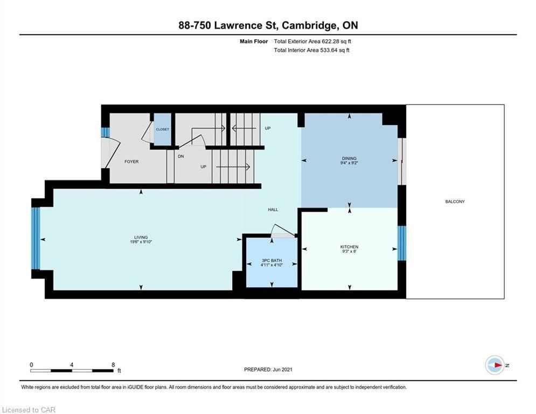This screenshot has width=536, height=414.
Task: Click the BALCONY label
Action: [455, 202]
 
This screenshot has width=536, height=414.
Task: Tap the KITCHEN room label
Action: [349, 247]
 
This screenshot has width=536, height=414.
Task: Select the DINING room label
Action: [349, 158]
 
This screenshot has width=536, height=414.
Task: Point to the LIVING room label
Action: [141, 237]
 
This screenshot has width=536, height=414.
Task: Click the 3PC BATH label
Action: [272, 260]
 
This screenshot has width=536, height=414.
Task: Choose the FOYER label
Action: [131, 162]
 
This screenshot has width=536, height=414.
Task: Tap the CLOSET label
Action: [162, 129]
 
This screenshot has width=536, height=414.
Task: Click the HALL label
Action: [273, 209]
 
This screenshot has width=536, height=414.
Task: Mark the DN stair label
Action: [181, 156]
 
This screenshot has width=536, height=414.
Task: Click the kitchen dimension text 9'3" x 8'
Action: [349, 251]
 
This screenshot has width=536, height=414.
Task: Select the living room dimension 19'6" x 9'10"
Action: [141, 241]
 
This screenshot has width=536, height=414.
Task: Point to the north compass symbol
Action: [495, 365]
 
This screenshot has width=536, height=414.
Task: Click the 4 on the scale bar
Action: [72, 365]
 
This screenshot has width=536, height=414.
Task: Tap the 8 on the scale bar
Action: [113, 365]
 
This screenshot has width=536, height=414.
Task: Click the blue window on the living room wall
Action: [36, 238]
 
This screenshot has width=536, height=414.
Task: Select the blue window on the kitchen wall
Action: [402, 243]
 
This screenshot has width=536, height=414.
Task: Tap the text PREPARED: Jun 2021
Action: [268, 369]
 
